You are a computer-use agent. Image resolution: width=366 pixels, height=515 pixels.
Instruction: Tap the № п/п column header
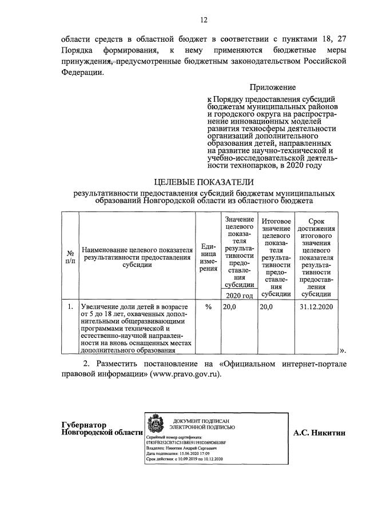(70, 256)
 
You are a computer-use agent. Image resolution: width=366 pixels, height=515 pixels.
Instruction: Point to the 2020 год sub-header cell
(239, 296)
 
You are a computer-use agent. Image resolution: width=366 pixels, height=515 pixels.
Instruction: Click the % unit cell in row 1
(208, 307)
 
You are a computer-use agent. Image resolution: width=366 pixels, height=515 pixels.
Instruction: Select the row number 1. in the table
(70, 307)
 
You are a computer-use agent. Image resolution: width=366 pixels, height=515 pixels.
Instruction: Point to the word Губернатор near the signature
(85, 425)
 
